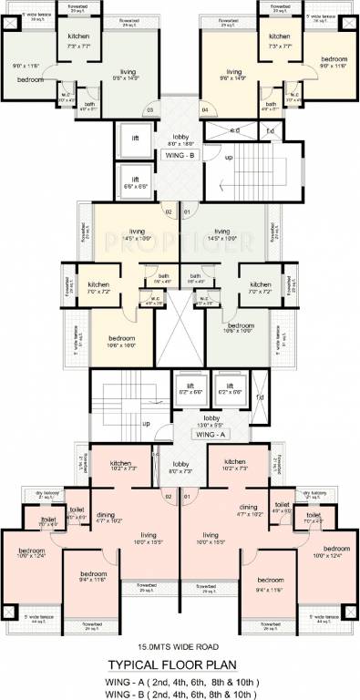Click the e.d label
pyautogui.click(x=234, y=130)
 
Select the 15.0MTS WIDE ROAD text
pyautogui.click(x=180, y=629)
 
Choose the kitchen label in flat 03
pyautogui.click(x=79, y=36)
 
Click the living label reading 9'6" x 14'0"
pyautogui.click(x=234, y=74)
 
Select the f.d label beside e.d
pyautogui.click(x=270, y=130)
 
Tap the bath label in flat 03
pyautogui.click(x=90, y=105)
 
